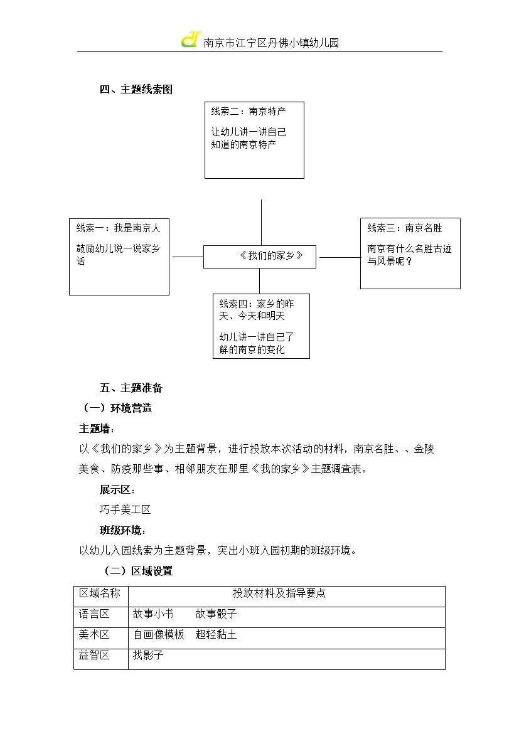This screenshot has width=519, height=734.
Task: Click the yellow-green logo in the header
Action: (191, 40)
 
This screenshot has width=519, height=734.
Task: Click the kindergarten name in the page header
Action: (271, 43)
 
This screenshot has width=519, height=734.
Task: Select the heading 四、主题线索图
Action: (136, 90)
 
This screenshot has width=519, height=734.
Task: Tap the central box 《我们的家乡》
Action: (260, 257)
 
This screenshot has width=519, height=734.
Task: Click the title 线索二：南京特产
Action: (249, 112)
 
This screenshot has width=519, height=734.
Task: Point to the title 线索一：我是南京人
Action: (119, 228)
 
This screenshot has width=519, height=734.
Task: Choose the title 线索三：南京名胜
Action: (405, 228)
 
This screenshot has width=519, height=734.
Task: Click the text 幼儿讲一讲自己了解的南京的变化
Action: (256, 343)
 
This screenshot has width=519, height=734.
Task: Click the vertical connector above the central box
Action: (261, 222)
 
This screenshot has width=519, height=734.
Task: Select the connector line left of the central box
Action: (188, 257)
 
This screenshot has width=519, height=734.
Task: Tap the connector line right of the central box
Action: (340, 257)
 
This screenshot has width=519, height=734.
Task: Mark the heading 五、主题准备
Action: (131, 388)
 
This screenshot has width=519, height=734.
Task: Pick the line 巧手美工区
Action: (125, 510)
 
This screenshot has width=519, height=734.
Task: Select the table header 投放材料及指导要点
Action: (279, 593)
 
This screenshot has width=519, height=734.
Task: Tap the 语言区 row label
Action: (94, 614)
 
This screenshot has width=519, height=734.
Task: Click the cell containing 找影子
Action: (287, 659)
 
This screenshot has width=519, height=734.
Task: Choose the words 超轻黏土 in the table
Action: (216, 634)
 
